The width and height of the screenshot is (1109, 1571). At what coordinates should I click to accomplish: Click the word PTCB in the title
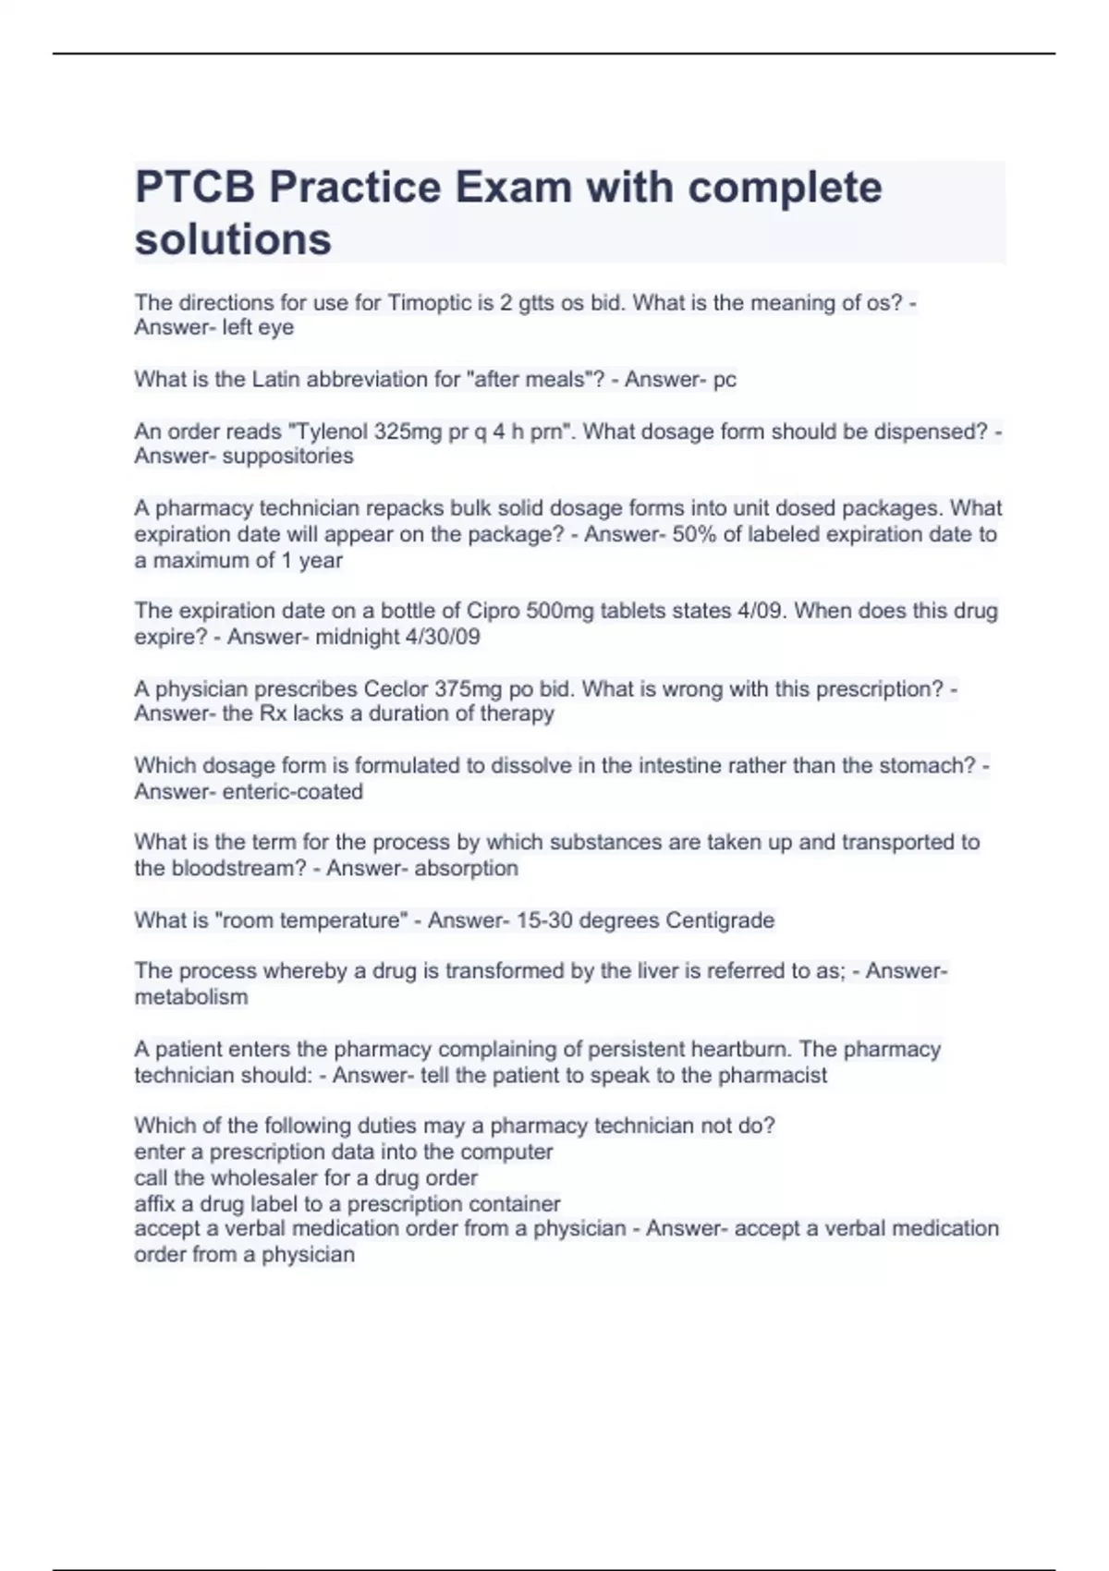[195, 188]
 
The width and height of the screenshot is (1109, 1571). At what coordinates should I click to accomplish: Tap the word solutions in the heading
[233, 239]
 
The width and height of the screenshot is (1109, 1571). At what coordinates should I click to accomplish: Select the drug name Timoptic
[429, 303]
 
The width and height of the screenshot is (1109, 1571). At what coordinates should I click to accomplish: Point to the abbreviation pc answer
[725, 380]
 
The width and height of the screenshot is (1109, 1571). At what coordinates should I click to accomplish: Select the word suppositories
[287, 457]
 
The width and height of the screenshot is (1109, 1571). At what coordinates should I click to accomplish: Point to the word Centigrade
[720, 920]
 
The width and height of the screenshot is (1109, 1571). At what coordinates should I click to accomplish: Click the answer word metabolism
[191, 997]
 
